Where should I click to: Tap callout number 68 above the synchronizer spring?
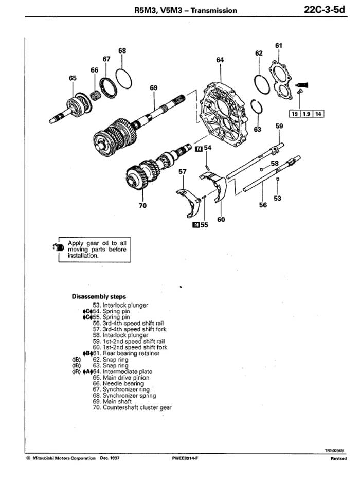[122, 50]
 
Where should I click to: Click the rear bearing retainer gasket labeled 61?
[281, 80]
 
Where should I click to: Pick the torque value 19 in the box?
[295, 114]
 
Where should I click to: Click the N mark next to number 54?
[199, 149]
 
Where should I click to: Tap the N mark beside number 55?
[195, 225]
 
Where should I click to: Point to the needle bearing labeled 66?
[95, 96]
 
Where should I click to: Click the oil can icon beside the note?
[58, 247]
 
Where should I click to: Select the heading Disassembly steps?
[99, 297]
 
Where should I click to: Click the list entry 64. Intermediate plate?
[122, 371]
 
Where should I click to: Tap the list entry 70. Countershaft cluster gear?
[132, 407]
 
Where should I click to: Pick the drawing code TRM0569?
[334, 451]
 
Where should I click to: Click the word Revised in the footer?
[338, 458]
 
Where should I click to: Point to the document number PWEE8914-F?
[185, 458]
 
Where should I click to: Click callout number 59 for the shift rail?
[279, 126]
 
